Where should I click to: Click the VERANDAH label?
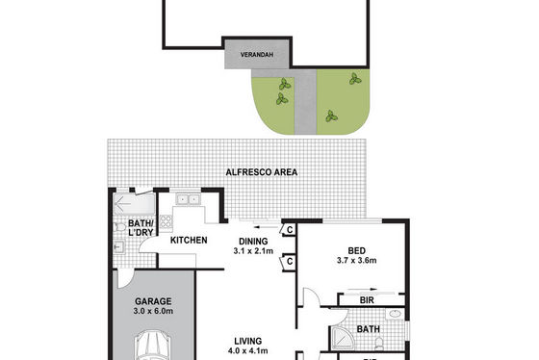[257, 55]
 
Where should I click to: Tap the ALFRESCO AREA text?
[262, 172]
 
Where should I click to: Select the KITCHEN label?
[189, 240]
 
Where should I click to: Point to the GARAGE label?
[153, 301]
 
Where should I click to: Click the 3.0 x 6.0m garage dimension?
[153, 311]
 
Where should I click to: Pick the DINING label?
[253, 242]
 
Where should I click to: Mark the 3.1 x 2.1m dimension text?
[253, 251]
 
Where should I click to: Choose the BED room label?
[357, 250]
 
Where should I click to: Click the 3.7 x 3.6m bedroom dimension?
[357, 260]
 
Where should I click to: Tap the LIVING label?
[248, 341]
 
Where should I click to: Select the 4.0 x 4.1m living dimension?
[248, 350]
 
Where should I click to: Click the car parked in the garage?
[153, 346]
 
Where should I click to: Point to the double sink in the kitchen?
[188, 199]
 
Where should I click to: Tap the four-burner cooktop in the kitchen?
[166, 221]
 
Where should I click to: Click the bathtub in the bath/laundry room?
[135, 204]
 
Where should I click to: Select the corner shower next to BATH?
[342, 338]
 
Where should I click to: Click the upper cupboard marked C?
[288, 229]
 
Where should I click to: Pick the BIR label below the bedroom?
[367, 300]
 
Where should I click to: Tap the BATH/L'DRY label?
[141, 228]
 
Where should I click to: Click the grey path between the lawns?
[305, 102]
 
